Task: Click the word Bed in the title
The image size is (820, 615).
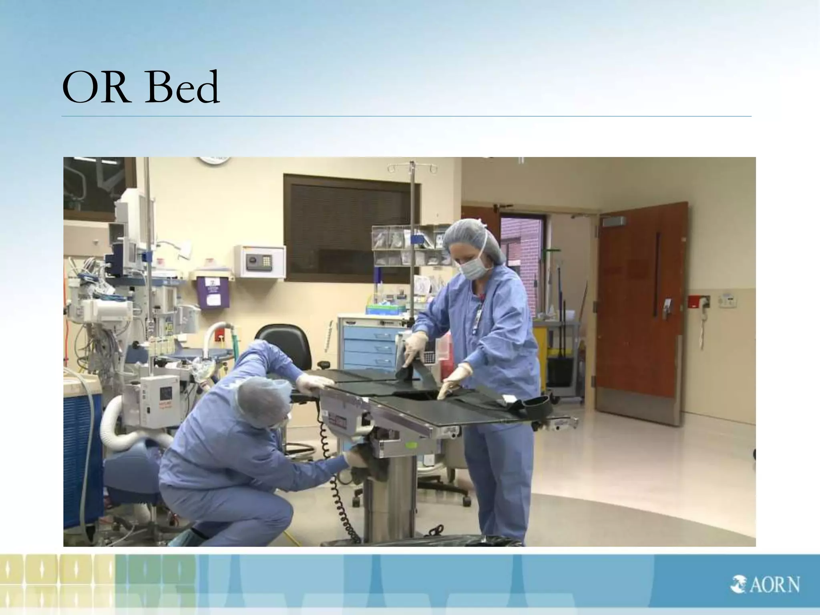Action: pyautogui.click(x=183, y=87)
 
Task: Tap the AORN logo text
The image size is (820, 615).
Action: pyautogui.click(x=765, y=584)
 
